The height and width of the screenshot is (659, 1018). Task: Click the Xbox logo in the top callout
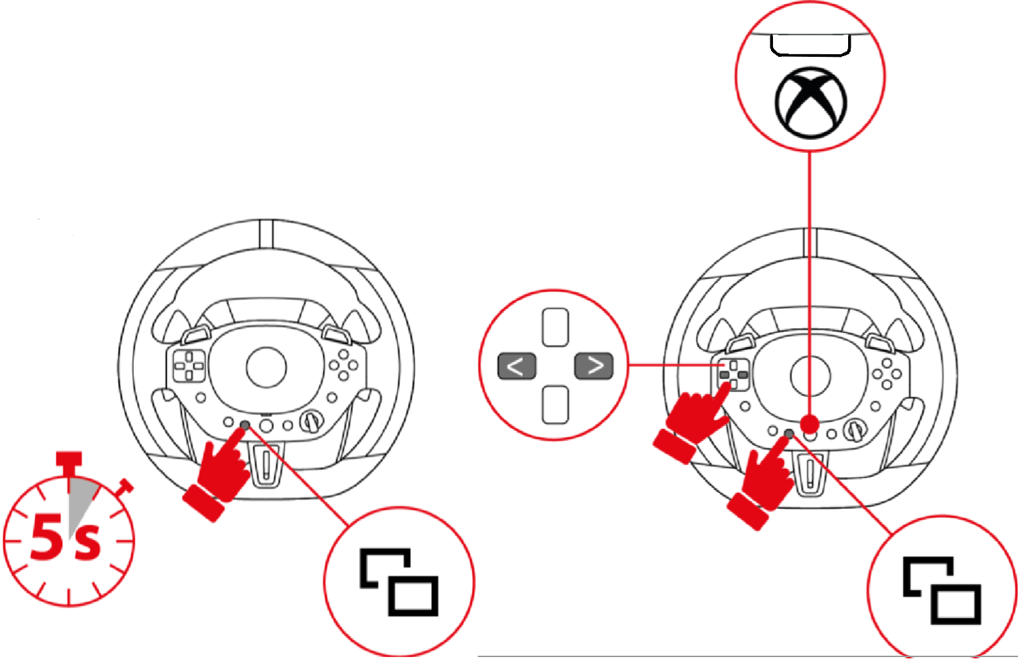[811, 102]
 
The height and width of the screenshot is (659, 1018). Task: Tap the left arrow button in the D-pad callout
[517, 366]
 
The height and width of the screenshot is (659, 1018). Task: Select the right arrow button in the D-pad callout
[594, 366]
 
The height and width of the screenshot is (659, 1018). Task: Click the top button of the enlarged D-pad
[555, 327]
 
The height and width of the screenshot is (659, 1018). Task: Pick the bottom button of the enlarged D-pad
[555, 405]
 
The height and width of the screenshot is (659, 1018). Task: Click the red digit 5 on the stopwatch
[47, 536]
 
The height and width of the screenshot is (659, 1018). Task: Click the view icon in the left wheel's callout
[399, 582]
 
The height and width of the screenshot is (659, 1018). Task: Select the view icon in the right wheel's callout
[942, 590]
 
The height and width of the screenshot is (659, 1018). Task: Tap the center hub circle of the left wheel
[267, 368]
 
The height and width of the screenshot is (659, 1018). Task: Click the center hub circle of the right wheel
[810, 376]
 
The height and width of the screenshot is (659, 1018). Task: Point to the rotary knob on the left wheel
[311, 422]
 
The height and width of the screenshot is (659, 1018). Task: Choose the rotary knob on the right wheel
[855, 430]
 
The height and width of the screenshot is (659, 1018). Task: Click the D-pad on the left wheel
[189, 366]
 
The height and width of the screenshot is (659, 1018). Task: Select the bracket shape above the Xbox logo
[810, 46]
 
